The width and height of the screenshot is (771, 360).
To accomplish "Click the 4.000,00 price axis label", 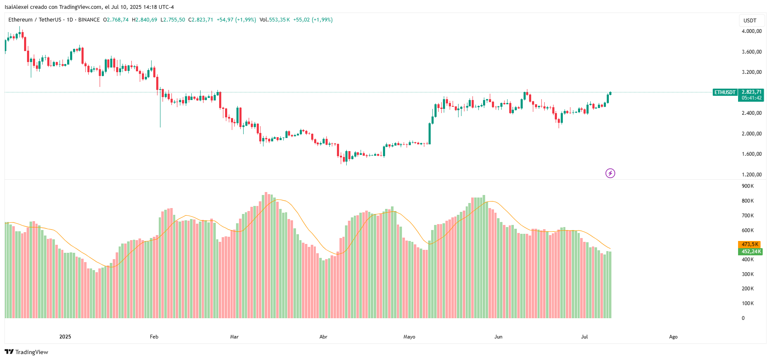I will [x=752, y=31].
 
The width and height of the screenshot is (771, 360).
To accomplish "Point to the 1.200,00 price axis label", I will [x=752, y=175].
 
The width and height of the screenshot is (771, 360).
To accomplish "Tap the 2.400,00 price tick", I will [x=752, y=113].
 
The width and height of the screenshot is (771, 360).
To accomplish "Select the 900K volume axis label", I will [x=747, y=186].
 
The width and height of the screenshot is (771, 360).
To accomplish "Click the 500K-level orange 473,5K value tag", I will [x=749, y=244].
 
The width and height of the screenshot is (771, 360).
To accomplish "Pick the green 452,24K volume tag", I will [x=751, y=252].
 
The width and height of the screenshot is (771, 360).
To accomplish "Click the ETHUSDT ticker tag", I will [x=725, y=92].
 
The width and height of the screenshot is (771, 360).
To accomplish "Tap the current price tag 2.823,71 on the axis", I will [x=752, y=92].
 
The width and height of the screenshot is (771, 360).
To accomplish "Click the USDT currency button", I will [x=750, y=21].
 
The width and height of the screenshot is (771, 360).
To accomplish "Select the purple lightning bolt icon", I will [x=610, y=173].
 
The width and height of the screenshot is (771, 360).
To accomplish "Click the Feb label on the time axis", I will [x=154, y=337].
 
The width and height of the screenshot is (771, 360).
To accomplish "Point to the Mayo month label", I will [x=409, y=337].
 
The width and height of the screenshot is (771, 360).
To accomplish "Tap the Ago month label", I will [x=673, y=337].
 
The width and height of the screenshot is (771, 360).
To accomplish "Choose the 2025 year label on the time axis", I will [x=65, y=337].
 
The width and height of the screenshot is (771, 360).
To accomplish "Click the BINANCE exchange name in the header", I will [x=89, y=20].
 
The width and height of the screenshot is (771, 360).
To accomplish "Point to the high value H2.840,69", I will [x=144, y=20].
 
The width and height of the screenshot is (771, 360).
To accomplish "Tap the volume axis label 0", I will [x=743, y=318].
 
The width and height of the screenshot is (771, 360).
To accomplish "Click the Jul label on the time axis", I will [x=584, y=337].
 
